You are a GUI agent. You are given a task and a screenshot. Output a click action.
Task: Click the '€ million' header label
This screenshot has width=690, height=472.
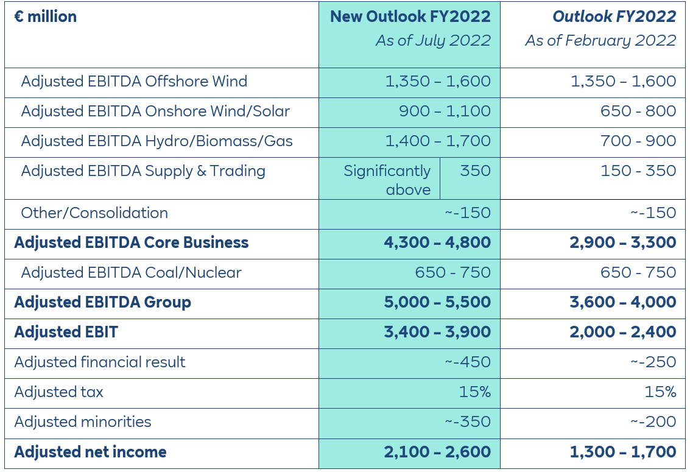point(46,16)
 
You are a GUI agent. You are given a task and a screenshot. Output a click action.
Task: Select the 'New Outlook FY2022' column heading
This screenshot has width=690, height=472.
point(410,16)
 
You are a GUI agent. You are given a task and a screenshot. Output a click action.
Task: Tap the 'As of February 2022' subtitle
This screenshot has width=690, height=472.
point(600,41)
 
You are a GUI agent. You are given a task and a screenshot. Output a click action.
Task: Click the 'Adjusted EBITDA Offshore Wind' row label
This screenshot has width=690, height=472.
point(134,82)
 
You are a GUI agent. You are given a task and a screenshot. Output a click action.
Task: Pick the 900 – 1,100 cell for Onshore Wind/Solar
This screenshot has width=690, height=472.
point(445,111)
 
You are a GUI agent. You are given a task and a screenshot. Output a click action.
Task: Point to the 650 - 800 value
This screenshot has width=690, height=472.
point(638,111)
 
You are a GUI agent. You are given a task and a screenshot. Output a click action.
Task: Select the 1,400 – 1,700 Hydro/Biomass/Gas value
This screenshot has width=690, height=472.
point(437,141)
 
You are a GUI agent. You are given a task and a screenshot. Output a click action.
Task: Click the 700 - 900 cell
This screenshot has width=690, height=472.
point(638,141)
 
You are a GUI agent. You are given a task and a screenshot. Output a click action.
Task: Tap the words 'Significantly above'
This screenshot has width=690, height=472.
point(387,180)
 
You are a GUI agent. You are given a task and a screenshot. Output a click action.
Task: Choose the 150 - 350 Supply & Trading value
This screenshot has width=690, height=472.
point(638,171)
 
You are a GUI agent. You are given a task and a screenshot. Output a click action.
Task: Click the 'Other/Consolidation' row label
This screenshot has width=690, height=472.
point(94,213)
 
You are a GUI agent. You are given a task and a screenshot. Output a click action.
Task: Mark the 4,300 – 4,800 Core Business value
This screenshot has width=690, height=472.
point(437,243)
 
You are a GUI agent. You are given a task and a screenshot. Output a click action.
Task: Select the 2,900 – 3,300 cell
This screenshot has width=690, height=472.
point(622,243)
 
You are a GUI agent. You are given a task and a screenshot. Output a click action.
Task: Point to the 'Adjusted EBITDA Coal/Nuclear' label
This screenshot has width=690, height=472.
point(131,273)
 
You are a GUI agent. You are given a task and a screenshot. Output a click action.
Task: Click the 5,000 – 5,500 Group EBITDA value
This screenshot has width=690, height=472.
point(437,303)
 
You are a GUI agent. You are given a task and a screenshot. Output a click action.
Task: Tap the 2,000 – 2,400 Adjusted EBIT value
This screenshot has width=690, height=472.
point(622,333)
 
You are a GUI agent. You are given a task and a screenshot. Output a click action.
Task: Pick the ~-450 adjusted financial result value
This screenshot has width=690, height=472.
point(467,362)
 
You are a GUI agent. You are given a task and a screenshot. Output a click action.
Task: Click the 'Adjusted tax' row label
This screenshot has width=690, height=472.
point(59,392)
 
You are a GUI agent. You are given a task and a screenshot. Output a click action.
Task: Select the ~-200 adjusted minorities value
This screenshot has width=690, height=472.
point(653,422)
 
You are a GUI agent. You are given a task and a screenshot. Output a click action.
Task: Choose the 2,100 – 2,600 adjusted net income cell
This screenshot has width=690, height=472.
point(437,453)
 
